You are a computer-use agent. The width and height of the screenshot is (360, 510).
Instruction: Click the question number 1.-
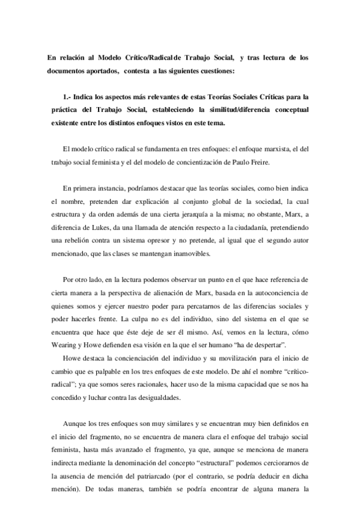point(68,97)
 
